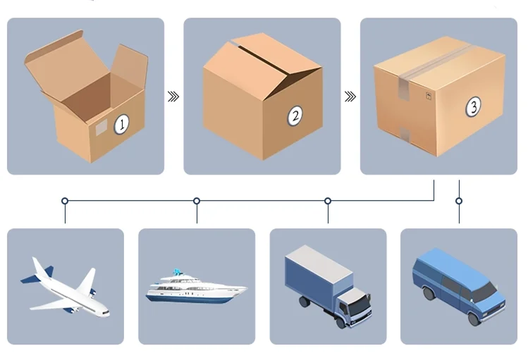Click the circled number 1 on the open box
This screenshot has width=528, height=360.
121,125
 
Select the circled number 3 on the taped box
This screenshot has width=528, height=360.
474,107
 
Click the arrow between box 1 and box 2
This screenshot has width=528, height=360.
173,97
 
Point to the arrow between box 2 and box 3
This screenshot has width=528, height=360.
350,97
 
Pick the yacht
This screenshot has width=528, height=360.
195,287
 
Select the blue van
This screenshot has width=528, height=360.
459,286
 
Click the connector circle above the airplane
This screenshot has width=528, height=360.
65,201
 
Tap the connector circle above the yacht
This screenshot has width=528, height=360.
197,201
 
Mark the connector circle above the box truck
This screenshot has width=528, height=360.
328,201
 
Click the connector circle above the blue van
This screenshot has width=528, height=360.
459,201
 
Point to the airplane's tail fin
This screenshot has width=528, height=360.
42,268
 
